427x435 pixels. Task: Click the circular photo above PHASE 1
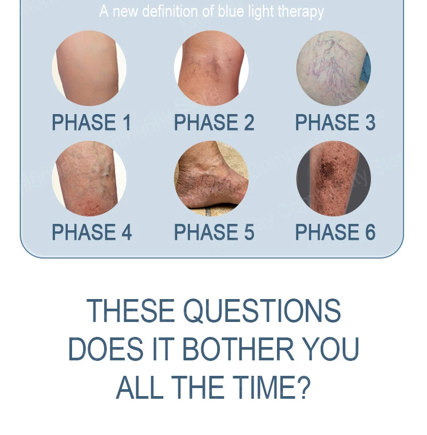click(x=89, y=68)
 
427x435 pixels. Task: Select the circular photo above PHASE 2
click(x=211, y=68)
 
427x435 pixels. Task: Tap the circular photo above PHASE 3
click(x=334, y=68)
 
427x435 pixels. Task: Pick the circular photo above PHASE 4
click(x=89, y=179)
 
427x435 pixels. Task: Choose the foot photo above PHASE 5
click(x=211, y=179)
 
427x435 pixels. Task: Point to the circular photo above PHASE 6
click(x=334, y=179)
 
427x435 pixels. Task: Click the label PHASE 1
click(x=91, y=122)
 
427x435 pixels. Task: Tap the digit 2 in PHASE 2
click(x=249, y=122)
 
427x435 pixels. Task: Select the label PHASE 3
click(x=335, y=122)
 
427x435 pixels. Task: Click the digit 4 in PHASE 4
click(x=126, y=232)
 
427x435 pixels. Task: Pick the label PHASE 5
click(x=214, y=232)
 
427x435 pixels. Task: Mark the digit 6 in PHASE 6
click(x=370, y=232)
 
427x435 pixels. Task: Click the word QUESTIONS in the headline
click(x=262, y=311)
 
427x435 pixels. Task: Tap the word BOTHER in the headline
click(x=238, y=349)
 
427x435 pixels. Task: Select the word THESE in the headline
click(x=131, y=311)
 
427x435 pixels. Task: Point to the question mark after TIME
click(x=303, y=387)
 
